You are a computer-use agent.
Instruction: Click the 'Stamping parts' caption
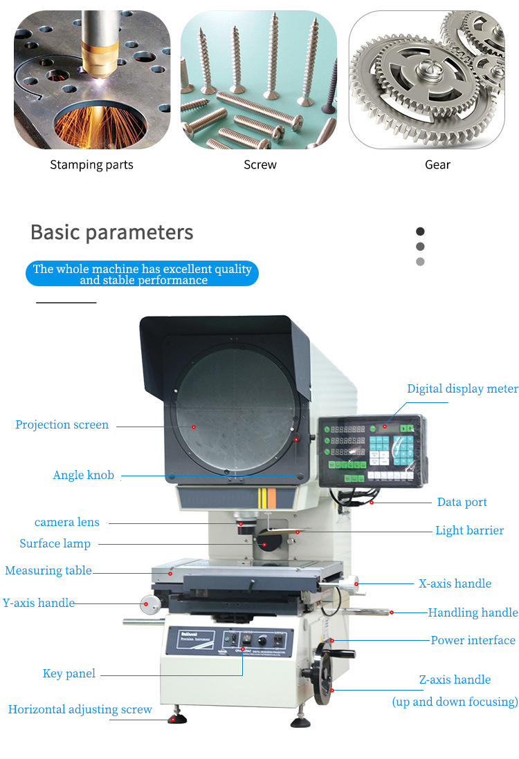click(x=91, y=165)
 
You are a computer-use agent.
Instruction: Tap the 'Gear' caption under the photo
click(x=437, y=165)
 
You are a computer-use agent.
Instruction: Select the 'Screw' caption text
click(x=260, y=165)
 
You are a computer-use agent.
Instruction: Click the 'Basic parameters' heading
click(x=111, y=232)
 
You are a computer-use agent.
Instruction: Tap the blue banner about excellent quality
click(x=142, y=274)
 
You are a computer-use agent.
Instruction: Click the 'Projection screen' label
click(x=62, y=425)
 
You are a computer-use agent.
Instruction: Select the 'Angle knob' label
click(x=83, y=476)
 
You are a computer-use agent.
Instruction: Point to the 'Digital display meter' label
click(x=462, y=389)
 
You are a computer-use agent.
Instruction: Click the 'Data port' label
click(x=462, y=503)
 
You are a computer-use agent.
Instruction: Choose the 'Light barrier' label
click(x=469, y=531)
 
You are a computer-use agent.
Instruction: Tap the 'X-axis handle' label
click(x=455, y=584)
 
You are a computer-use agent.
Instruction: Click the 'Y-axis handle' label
click(x=38, y=603)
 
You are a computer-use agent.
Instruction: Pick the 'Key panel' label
click(x=69, y=674)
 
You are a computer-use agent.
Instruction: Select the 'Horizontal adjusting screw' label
click(x=80, y=710)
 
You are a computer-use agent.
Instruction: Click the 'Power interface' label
click(x=473, y=641)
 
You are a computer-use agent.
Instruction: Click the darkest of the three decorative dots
click(x=420, y=232)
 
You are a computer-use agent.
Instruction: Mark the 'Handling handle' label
click(x=473, y=612)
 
